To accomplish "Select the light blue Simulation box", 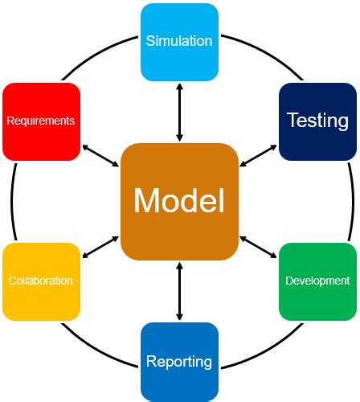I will coord(179,42).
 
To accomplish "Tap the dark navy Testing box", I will coord(317,121).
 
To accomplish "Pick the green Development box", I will coord(317,281).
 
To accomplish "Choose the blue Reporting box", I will coord(179,361).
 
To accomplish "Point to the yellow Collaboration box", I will coord(41,281).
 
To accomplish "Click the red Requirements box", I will coord(41,121).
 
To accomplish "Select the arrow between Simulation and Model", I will coord(179,112).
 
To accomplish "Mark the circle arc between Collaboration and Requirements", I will coord(12,201).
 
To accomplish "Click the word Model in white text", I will coord(179,201).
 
